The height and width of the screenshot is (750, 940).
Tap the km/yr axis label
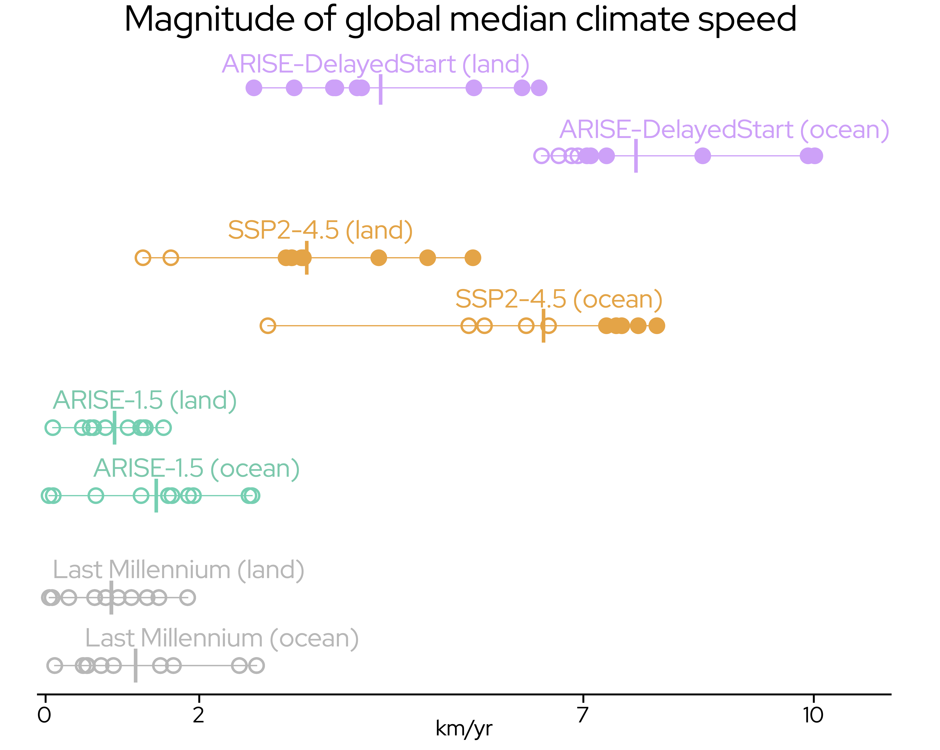click(x=464, y=728)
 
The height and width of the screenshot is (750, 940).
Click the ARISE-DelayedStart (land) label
click(x=375, y=65)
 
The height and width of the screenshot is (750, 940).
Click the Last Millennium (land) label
click(x=178, y=570)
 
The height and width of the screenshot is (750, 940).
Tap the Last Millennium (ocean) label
click(x=221, y=638)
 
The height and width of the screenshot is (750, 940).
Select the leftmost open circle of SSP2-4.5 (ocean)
click(x=268, y=326)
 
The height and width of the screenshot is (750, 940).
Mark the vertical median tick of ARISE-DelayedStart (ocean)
click(x=636, y=156)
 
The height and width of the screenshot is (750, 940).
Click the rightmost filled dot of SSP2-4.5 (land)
click(x=473, y=258)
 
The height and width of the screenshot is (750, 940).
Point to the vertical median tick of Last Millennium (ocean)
click(x=136, y=665)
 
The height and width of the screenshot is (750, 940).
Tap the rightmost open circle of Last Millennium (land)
click(x=187, y=597)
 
